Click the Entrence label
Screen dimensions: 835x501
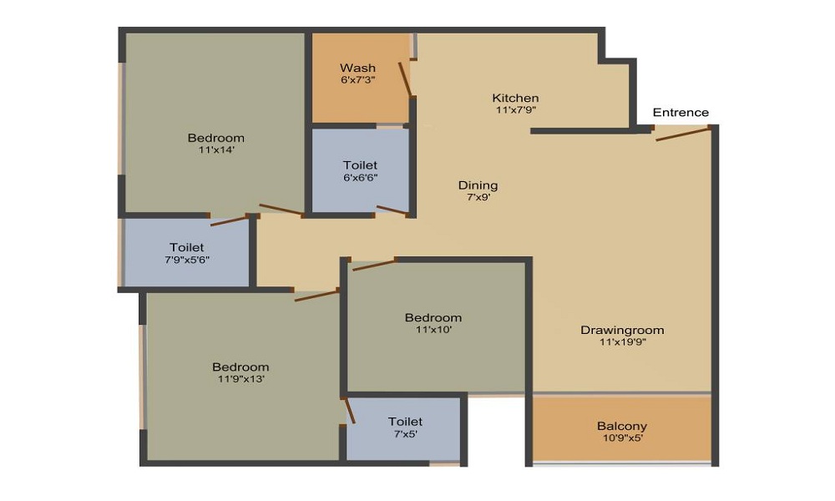point(681,113)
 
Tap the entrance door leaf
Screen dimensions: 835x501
point(683,134)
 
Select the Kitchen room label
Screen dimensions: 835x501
point(515,98)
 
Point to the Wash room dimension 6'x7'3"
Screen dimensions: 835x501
point(358,80)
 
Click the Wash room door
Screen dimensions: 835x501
point(405,79)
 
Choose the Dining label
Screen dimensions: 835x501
point(478,185)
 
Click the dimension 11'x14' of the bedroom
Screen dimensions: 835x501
point(217,150)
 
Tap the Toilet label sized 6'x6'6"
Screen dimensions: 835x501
point(361,165)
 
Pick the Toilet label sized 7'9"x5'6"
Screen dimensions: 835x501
point(187,247)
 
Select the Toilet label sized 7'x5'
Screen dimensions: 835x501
point(405,421)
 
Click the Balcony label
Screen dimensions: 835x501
point(622,426)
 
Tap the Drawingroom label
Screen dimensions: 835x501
point(622,330)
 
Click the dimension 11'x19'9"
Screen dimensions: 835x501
point(623,342)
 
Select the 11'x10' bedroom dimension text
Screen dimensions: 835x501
point(434,330)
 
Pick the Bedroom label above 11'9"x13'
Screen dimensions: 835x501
point(240,367)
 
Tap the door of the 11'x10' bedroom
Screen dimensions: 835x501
point(375,264)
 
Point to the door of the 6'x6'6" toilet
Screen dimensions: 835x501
point(392,210)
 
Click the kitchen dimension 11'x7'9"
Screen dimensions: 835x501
point(515,110)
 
